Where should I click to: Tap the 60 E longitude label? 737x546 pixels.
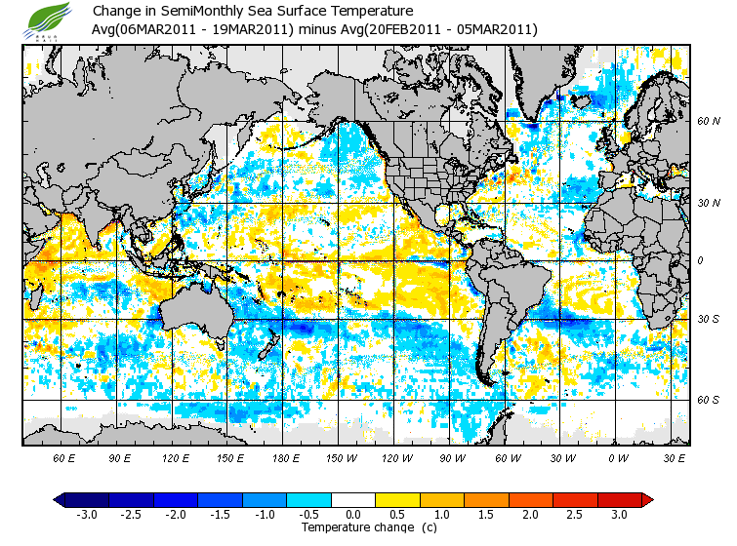point(65,457)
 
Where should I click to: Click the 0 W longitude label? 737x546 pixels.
point(618,457)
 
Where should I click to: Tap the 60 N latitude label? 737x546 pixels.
point(709,122)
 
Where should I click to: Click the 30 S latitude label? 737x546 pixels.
point(709,320)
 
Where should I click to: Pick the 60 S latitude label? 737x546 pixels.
point(709,400)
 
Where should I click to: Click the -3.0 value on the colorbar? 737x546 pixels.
point(86,514)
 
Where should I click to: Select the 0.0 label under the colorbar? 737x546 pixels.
point(353,514)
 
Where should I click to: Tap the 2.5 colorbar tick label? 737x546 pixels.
point(575,514)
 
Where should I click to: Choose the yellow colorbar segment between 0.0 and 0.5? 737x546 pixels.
point(376,500)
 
